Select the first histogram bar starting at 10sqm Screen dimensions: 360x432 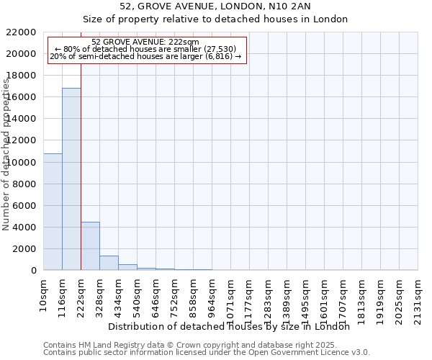coord(53,212)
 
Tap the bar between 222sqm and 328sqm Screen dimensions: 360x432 coord(90,246)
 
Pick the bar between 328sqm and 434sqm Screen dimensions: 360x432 coord(109,263)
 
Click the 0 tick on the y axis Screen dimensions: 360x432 coord(33,270)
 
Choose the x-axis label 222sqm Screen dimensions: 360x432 coord(81,293)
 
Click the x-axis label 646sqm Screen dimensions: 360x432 coord(156,293)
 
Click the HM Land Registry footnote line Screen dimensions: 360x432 coord(165,345)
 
